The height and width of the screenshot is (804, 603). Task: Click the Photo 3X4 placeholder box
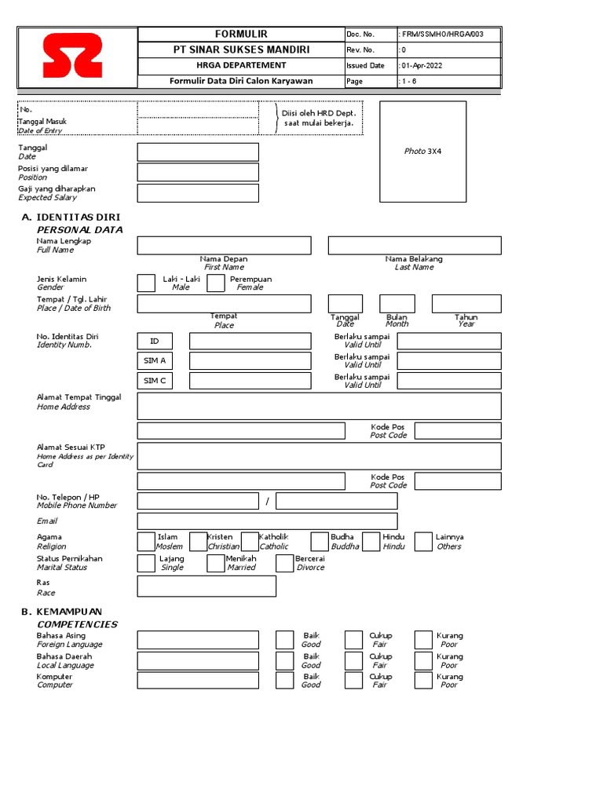422,152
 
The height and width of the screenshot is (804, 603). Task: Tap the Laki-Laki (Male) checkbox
146,283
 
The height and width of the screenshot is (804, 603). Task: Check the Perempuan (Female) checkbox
216,283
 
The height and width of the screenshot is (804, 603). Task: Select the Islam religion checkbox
146,542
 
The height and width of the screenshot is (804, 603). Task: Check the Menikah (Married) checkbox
216,563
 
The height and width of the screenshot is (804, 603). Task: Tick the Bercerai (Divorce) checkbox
285,563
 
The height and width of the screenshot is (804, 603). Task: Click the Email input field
267,521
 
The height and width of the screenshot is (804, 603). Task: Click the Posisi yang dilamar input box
198,172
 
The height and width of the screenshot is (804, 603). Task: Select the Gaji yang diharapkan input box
198,193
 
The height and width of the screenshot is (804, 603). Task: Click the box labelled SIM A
155,361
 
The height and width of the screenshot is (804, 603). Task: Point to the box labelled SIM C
155,381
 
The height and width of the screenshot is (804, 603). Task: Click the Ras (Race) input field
206,586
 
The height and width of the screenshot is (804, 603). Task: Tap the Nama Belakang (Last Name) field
415,246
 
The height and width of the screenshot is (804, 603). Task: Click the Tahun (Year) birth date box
466,304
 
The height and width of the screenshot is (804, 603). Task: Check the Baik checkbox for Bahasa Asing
285,639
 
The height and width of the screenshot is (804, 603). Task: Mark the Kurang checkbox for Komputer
423,680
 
